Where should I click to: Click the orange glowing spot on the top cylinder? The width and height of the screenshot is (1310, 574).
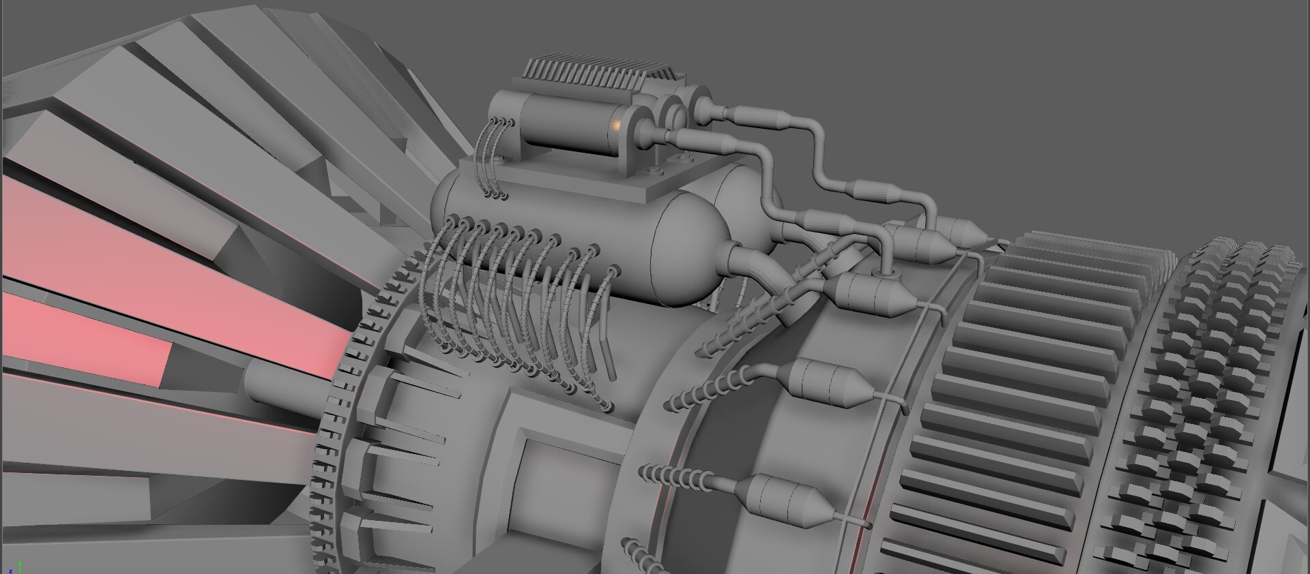616,125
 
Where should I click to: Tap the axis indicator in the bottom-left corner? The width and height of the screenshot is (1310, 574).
16,568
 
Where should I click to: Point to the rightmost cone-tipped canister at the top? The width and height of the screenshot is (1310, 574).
962,232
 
